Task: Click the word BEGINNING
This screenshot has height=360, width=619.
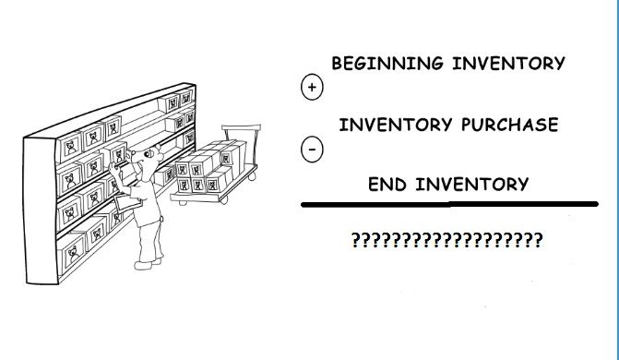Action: click(x=387, y=63)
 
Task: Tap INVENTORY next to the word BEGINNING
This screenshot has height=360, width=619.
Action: click(x=509, y=63)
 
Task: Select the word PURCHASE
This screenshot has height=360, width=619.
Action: click(x=509, y=125)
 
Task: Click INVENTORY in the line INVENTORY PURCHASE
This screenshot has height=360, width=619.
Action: click(x=396, y=125)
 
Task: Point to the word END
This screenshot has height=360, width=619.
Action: click(x=387, y=184)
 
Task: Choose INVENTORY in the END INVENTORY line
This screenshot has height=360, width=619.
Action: click(x=472, y=184)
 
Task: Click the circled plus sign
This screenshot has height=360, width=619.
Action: click(x=312, y=87)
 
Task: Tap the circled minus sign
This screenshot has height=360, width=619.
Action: click(x=312, y=149)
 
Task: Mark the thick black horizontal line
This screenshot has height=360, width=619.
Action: click(x=449, y=204)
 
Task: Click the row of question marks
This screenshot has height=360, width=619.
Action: click(x=446, y=240)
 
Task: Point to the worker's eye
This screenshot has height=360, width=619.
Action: click(x=147, y=154)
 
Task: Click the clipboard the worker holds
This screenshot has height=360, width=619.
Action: click(x=127, y=203)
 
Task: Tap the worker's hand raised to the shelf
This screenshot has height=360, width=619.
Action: click(x=114, y=170)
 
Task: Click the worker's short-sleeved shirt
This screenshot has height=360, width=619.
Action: click(x=145, y=201)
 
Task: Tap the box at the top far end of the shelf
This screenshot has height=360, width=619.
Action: click(x=186, y=98)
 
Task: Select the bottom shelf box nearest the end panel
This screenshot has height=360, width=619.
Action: click(x=72, y=253)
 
